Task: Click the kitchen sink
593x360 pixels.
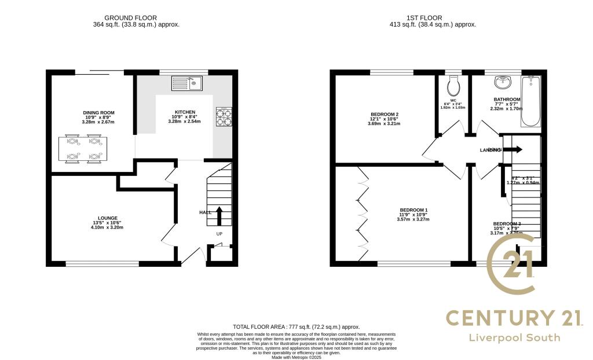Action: point(185,83)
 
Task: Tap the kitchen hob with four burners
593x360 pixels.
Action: point(224,116)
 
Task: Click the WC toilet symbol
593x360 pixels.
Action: point(453,87)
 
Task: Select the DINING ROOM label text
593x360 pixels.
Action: point(98,112)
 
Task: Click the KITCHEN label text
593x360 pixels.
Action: point(185,112)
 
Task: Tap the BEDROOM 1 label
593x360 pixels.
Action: point(414,210)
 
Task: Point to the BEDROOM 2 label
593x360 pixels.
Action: point(385,114)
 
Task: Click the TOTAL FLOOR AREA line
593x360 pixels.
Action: point(296,327)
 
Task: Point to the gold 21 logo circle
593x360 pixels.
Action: point(511,267)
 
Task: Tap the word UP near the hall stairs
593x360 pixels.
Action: point(219,234)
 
